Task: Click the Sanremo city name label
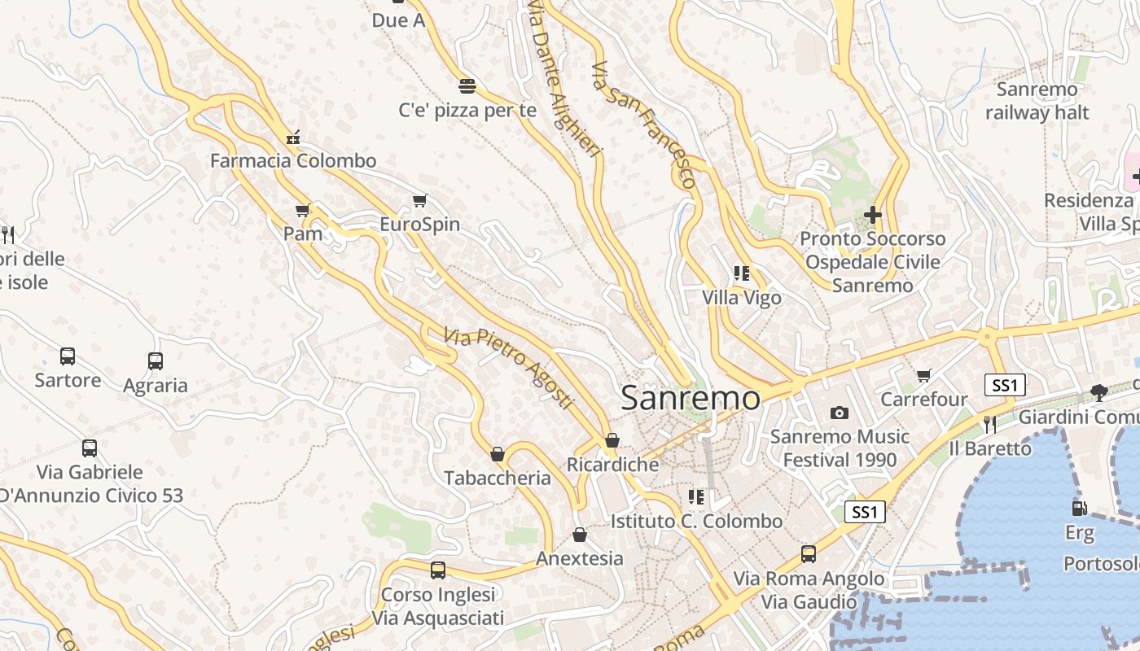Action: [691, 398]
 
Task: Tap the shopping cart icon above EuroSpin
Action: [420, 200]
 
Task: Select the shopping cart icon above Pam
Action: [303, 211]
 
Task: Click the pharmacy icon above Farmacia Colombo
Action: [293, 137]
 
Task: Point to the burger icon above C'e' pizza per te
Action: [467, 85]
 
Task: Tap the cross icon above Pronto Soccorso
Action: [873, 215]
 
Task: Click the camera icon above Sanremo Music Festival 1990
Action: [840, 413]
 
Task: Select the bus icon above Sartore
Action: [68, 356]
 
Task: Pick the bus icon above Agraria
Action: [155, 360]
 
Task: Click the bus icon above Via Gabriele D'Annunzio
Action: [90, 448]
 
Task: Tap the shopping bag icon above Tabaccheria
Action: [498, 453]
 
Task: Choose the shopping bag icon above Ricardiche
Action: [612, 440]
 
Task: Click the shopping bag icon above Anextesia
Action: [580, 535]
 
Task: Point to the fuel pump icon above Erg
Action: [1079, 509]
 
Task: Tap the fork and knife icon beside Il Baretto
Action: [989, 424]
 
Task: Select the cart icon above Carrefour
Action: [923, 375]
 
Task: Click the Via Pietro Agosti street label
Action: [509, 368]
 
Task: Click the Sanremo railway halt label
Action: [1037, 101]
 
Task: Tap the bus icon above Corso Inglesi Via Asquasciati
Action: [438, 570]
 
